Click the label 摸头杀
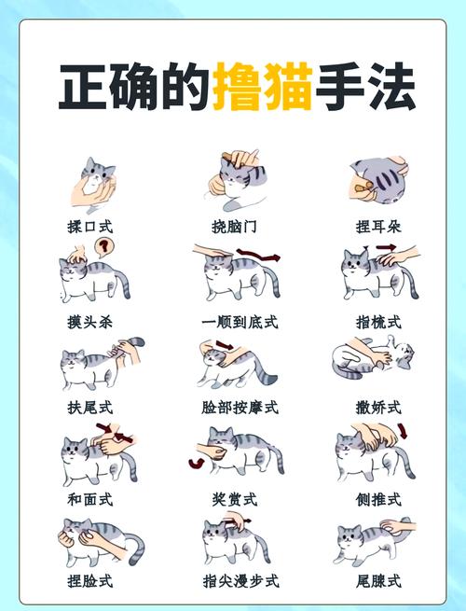(x=89, y=322)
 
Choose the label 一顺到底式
(x=240, y=322)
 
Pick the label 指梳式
(x=378, y=322)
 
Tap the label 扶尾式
(x=89, y=408)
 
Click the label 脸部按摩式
(x=240, y=408)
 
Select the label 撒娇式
(x=378, y=408)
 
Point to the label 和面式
(x=89, y=499)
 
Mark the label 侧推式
(x=378, y=499)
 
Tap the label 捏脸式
(x=89, y=581)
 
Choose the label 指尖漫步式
(x=240, y=581)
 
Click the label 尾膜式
(x=378, y=581)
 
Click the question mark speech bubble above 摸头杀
(x=106, y=247)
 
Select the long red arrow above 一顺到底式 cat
(x=264, y=253)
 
